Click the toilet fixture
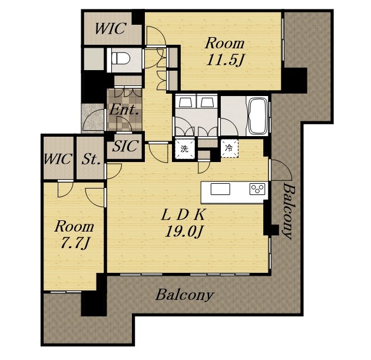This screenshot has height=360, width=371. click(121, 58)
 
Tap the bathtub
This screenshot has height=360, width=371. click(257, 115)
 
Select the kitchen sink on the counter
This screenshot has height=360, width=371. click(220, 189)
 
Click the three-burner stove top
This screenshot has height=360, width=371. click(257, 189)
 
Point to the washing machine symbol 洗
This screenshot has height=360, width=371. click(184, 149)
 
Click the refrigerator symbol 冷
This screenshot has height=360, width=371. click(228, 148)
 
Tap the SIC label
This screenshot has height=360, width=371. click(125, 146)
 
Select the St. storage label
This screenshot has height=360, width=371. click(90, 159)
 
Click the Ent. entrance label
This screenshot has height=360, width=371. click(124, 110)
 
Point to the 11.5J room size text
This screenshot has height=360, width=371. click(224, 61)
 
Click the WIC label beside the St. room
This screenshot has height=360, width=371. click(58, 159)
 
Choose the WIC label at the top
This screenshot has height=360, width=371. click(110, 28)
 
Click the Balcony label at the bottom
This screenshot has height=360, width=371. click(184, 295)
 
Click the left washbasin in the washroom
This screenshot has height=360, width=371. click(185, 103)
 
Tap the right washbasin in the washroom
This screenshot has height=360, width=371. click(207, 103)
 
